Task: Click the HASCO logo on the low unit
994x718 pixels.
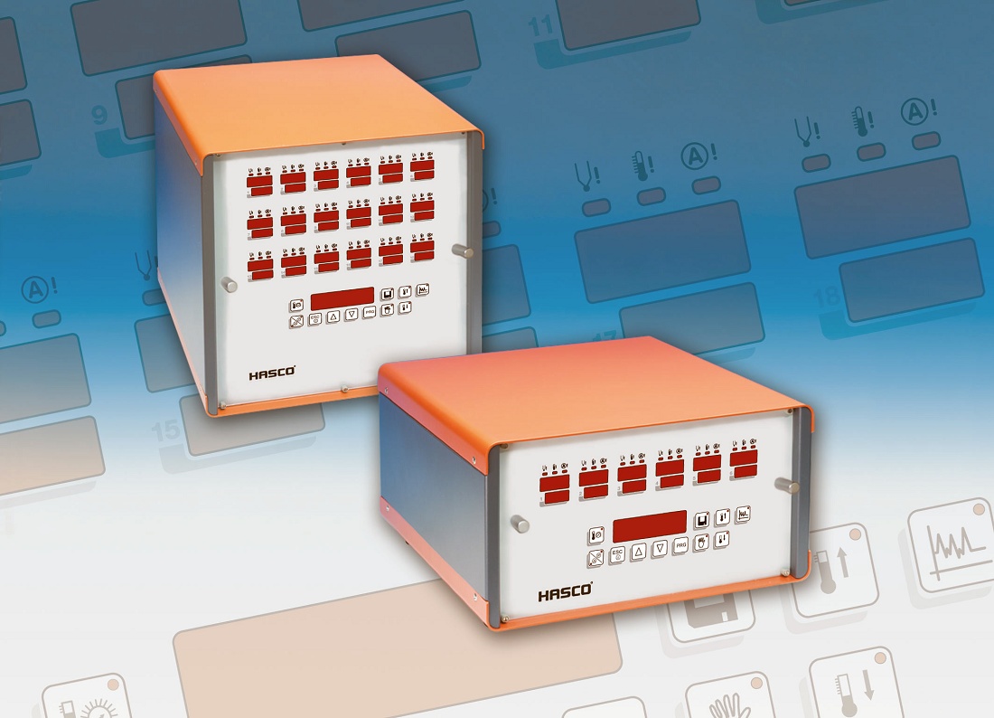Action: pyautogui.click(x=566, y=593)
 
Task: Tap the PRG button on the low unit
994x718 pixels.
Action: pyautogui.click(x=681, y=546)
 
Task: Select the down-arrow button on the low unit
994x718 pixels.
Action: pyautogui.click(x=660, y=548)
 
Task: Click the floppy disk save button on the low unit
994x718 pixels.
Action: pyautogui.click(x=701, y=520)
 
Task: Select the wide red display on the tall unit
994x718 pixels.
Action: pyautogui.click(x=342, y=298)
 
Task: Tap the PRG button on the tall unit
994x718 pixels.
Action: pyautogui.click(x=369, y=314)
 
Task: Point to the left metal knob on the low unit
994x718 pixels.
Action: pyautogui.click(x=520, y=523)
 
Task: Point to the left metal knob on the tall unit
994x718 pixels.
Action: pyautogui.click(x=230, y=286)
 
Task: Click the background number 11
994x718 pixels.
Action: pyautogui.click(x=541, y=25)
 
